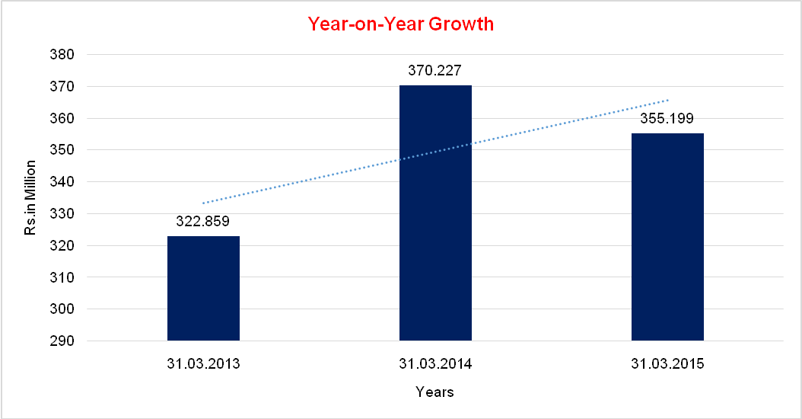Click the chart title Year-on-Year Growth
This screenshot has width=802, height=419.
(401, 24)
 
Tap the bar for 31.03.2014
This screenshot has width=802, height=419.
(435, 213)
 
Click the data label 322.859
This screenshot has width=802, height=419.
(203, 222)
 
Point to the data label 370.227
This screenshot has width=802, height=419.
(435, 71)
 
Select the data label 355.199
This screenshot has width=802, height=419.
(667, 119)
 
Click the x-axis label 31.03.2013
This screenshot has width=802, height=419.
(203, 363)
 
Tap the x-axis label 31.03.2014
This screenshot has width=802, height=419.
(435, 363)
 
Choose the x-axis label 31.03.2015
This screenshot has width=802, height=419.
(667, 363)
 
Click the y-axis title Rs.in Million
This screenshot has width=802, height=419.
(30, 197)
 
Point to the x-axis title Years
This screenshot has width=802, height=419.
(435, 392)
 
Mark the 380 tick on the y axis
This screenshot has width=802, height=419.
(63, 55)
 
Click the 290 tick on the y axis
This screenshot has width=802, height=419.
(63, 341)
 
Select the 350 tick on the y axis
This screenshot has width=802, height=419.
(63, 150)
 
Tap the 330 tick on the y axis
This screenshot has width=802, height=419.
(63, 214)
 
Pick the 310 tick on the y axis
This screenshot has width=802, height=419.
(63, 277)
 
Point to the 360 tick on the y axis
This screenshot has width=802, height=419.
(63, 119)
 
